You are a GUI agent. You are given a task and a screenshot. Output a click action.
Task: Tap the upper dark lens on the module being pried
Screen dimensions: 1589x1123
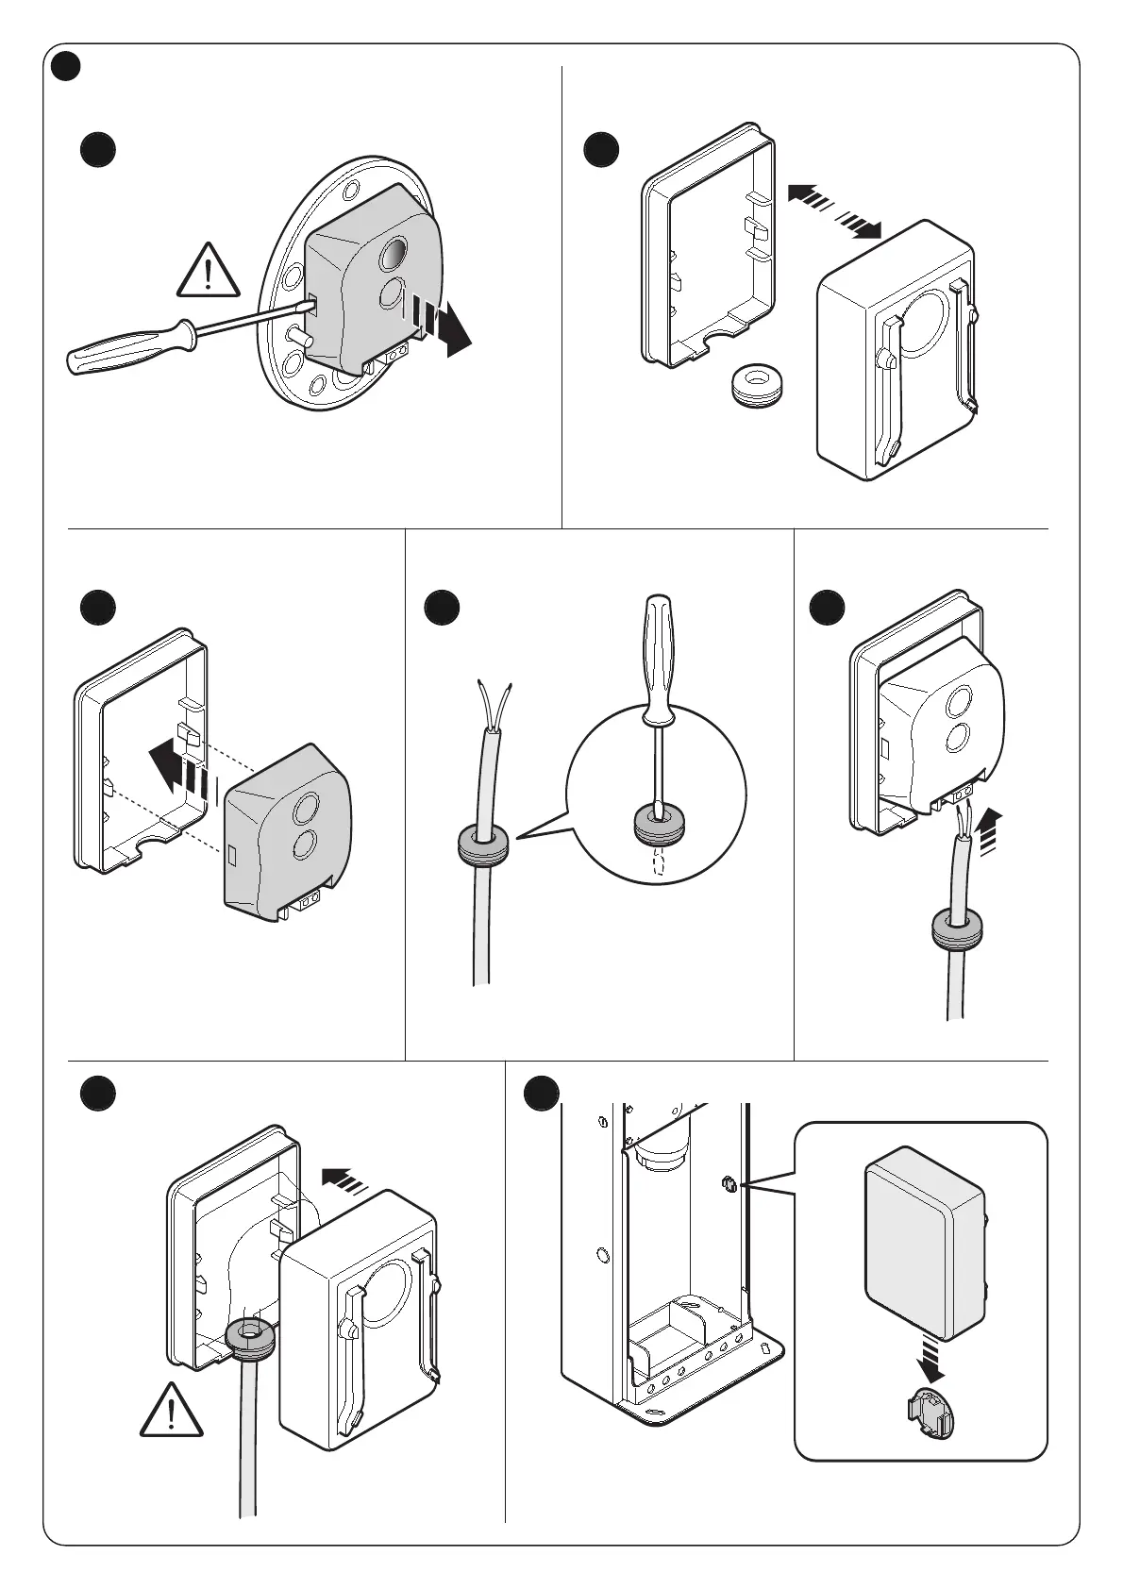tap(394, 254)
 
